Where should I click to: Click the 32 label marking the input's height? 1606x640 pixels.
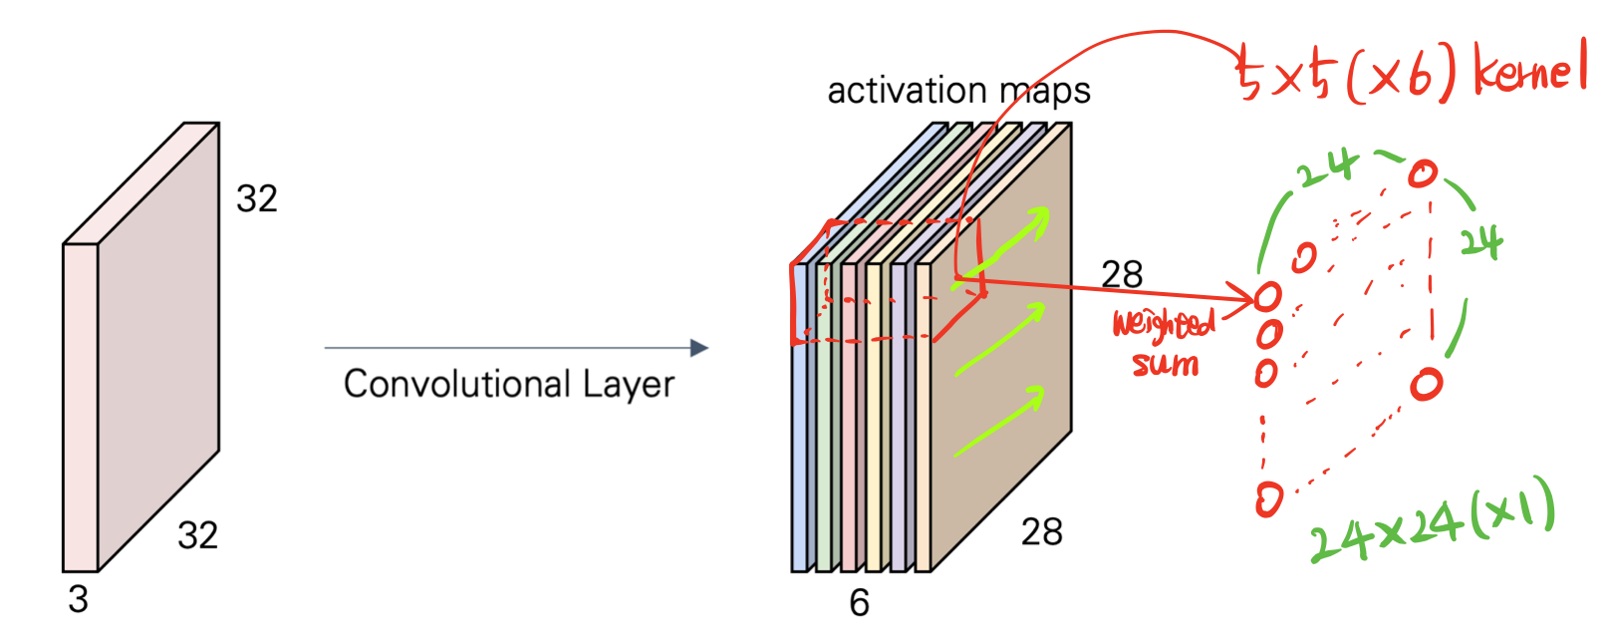[256, 198]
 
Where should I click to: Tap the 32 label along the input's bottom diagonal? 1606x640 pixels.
[197, 535]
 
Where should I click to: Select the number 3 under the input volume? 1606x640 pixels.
[78, 599]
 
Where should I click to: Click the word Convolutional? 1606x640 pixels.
[457, 384]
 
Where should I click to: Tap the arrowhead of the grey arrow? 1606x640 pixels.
[699, 348]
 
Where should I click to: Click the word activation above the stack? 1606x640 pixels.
[907, 91]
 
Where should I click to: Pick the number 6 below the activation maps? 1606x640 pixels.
[859, 602]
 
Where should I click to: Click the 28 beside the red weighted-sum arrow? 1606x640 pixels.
[1122, 274]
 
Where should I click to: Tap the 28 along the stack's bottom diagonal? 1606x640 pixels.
[1042, 532]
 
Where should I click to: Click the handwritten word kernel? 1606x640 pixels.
[1529, 70]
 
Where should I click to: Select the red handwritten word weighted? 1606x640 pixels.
[1164, 324]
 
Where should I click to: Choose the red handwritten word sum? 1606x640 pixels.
[1166, 364]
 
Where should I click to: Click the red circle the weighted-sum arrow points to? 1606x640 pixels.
[1267, 296]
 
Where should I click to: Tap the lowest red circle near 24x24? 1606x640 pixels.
[1268, 498]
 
